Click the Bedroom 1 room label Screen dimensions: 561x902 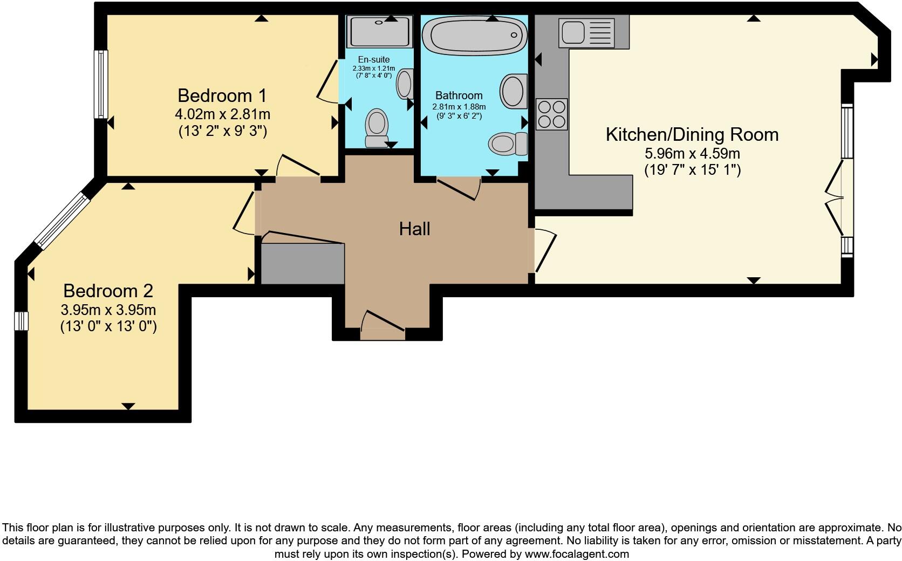pyautogui.click(x=222, y=95)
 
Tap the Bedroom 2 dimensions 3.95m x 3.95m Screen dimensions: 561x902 pyautogui.click(x=108, y=310)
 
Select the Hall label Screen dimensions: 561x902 pyautogui.click(x=414, y=229)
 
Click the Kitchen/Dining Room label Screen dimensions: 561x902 pyautogui.click(x=692, y=134)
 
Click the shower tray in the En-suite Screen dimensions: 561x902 pyautogui.click(x=380, y=31)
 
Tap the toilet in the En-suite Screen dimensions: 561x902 pyautogui.click(x=377, y=127)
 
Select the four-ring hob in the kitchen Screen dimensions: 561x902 pyautogui.click(x=551, y=114)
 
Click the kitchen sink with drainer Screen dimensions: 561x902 pyautogui.click(x=586, y=31)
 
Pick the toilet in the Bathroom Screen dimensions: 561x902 pyautogui.click(x=508, y=143)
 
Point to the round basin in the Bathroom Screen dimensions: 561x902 pyautogui.click(x=513, y=92)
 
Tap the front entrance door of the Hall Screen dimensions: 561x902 pyautogui.click(x=382, y=327)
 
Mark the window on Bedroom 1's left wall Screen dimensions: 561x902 pyautogui.click(x=101, y=84)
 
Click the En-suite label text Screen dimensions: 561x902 pyautogui.click(x=373, y=59)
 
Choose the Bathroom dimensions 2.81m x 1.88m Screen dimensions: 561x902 pyautogui.click(x=459, y=107)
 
